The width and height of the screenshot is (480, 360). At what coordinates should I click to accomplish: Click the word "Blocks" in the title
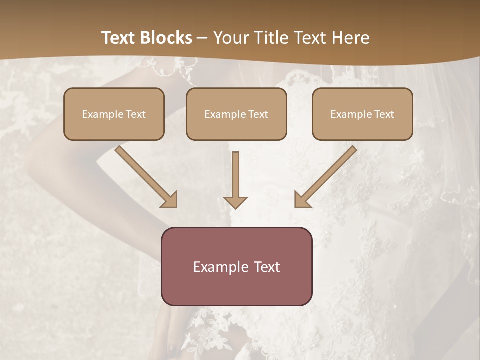click(x=167, y=38)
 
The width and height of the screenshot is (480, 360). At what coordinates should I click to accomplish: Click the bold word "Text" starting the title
click(x=120, y=38)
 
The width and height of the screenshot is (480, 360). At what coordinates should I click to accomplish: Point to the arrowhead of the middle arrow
click(x=235, y=202)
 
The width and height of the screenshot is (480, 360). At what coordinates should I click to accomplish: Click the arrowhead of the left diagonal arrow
click(x=170, y=200)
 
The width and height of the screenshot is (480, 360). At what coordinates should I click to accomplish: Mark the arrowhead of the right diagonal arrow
click(x=302, y=200)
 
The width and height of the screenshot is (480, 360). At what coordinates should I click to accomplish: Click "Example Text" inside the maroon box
click(x=236, y=267)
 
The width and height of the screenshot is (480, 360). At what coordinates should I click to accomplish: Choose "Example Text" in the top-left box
click(x=114, y=114)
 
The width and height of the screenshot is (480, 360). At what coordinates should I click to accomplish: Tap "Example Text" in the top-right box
click(x=362, y=114)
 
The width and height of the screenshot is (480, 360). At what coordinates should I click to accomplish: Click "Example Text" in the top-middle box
click(x=236, y=114)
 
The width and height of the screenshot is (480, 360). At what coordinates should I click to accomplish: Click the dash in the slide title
click(x=202, y=38)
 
